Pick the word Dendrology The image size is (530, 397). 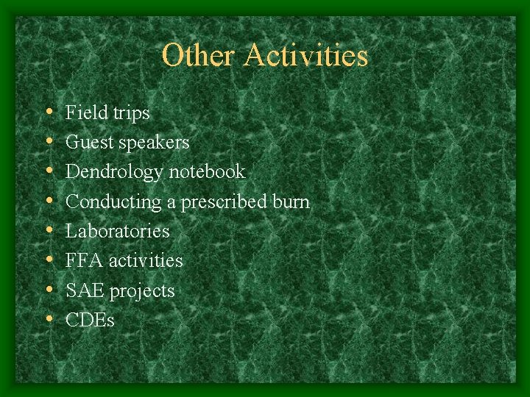tap(115, 172)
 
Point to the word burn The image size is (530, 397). tap(291, 201)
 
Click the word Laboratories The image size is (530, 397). tap(118, 231)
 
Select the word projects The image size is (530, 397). tap(142, 291)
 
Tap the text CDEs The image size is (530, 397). tap(91, 320)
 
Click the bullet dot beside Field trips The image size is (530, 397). tap(48, 113)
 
